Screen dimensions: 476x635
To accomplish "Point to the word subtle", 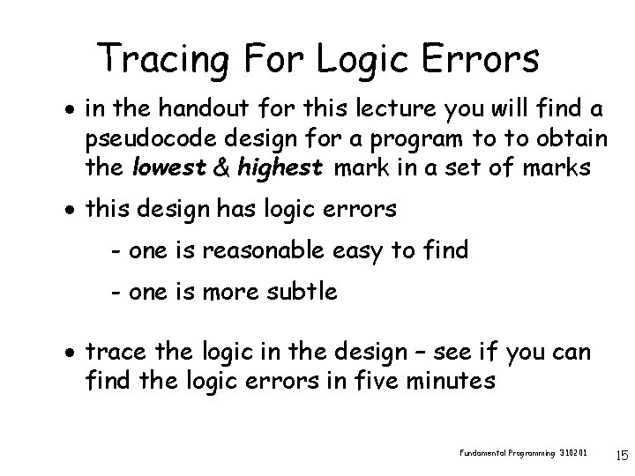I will [x=303, y=291].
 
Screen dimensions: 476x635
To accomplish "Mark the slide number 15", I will [x=622, y=456].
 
